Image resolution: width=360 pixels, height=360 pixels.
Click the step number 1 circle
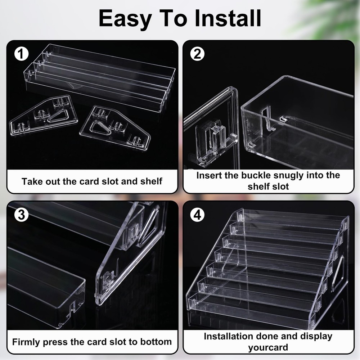[x=21, y=54]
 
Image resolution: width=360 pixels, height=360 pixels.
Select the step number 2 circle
[x=197, y=54]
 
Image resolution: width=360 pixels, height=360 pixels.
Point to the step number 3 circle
[x=21, y=215]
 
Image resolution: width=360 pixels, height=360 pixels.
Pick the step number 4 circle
[x=197, y=215]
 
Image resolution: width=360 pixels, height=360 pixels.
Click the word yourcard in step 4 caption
[x=268, y=348]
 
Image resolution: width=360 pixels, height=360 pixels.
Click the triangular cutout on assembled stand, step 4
[x=338, y=273]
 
